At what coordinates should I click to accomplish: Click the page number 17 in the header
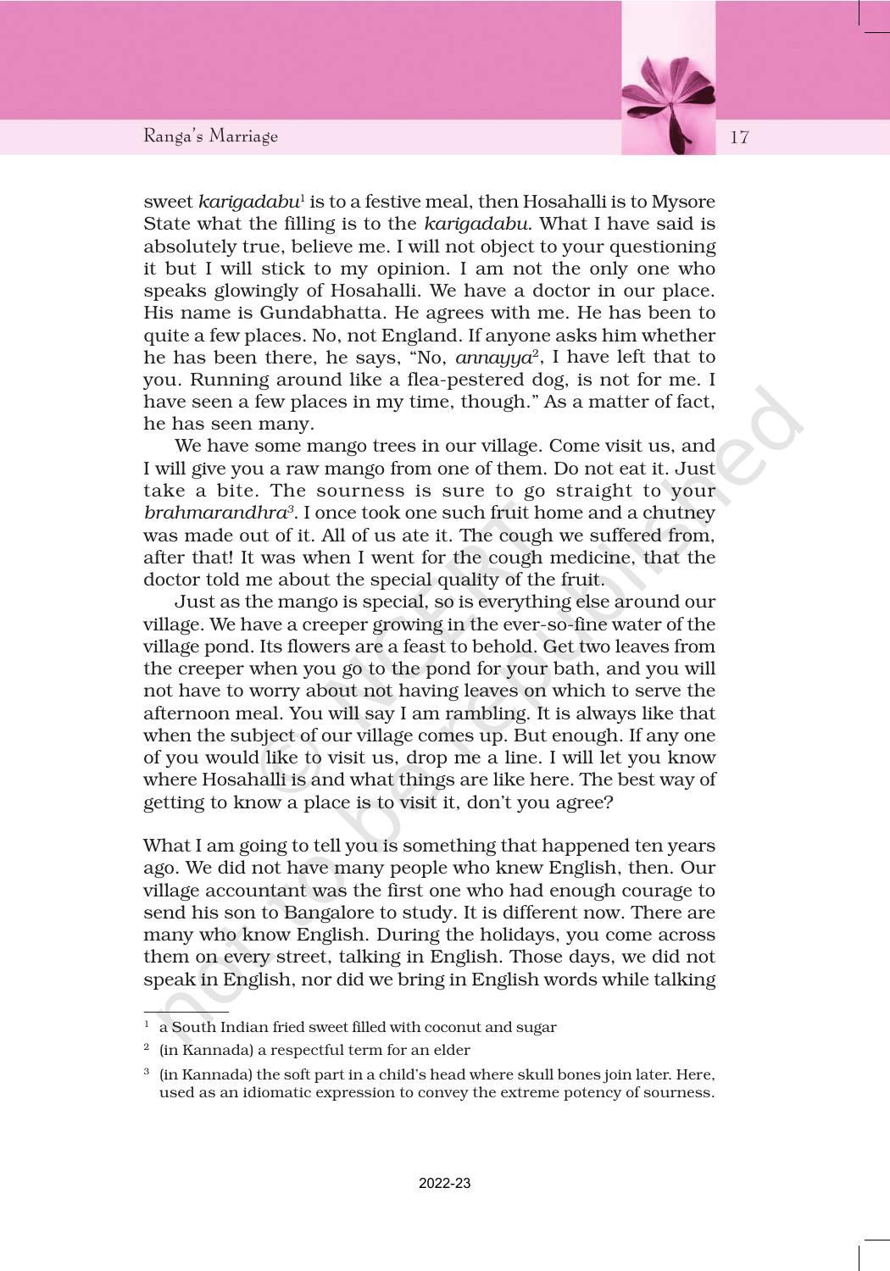point(739,137)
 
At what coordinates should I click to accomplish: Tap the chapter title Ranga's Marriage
point(210,136)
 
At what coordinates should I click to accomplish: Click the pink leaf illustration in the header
point(669,103)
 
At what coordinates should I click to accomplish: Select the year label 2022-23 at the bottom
point(444,1183)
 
